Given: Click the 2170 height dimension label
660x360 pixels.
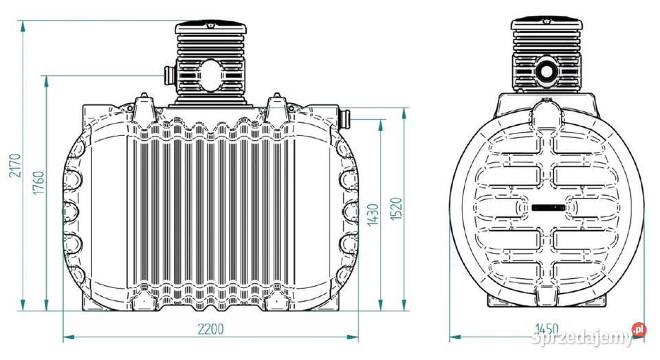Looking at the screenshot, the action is click(15, 166).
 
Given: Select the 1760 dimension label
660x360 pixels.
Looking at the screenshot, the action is click(38, 183).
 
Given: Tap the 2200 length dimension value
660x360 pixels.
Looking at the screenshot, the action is click(210, 329).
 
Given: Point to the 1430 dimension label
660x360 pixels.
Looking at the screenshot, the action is click(373, 214).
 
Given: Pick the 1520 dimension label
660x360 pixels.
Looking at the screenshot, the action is click(396, 209).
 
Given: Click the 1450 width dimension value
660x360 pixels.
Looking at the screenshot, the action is click(547, 328).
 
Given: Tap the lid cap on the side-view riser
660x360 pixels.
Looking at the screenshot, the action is click(210, 27).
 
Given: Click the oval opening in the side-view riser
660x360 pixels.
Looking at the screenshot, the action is click(210, 76).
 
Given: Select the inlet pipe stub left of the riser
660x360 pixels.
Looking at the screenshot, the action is click(169, 75).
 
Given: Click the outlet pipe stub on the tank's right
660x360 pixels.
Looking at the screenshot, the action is click(344, 119).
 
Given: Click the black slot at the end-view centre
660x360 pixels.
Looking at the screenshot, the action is click(548, 207).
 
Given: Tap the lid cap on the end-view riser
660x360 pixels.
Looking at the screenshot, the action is click(547, 24).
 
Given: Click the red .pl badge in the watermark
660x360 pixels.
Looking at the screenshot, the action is click(639, 329).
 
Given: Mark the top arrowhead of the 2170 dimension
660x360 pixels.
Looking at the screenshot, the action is click(23, 26).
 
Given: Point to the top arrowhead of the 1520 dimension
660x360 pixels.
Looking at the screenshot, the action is click(404, 113).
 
